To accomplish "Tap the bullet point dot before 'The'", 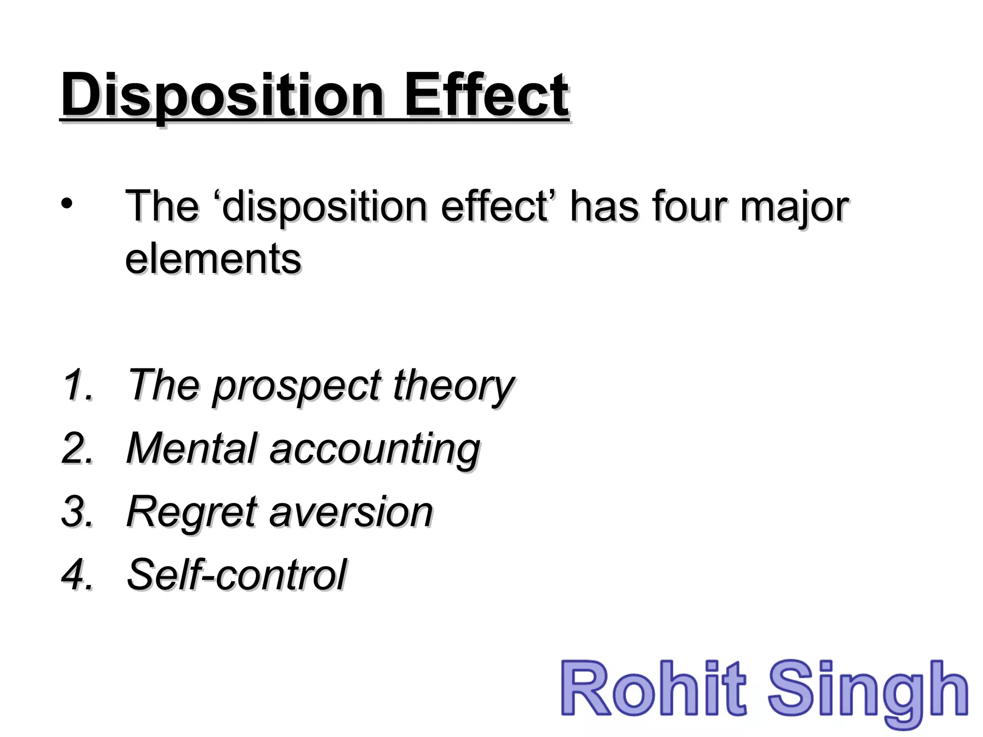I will (67, 203).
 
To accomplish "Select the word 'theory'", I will (454, 387).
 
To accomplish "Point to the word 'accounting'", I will (374, 450).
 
